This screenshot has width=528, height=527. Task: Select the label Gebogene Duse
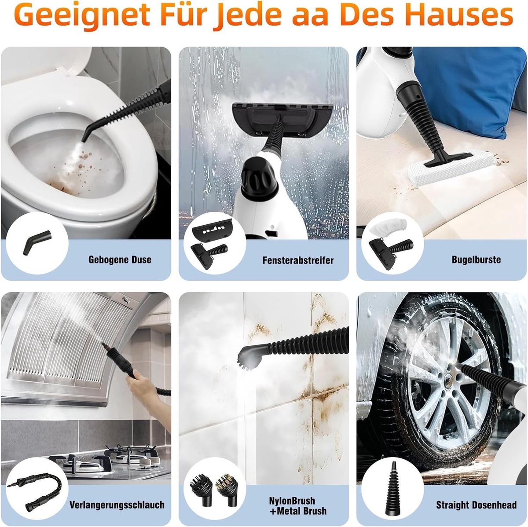point(120,260)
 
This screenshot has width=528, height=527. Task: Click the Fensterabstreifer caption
point(298,260)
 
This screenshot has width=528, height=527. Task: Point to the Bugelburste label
point(476,260)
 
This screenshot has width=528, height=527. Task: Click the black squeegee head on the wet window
point(282,118)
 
